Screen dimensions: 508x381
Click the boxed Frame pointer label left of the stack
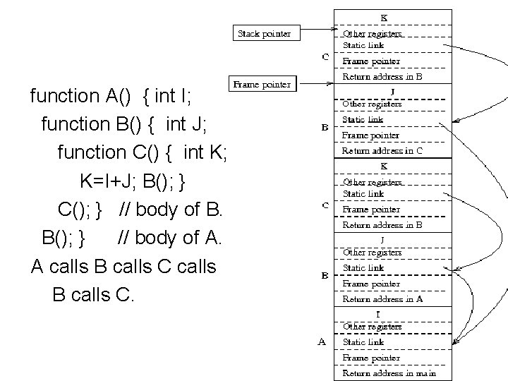(x=262, y=85)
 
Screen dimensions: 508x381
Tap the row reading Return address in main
(x=389, y=373)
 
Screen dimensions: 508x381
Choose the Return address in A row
(x=382, y=298)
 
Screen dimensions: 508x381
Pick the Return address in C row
(x=382, y=150)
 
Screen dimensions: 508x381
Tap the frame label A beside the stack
(x=322, y=342)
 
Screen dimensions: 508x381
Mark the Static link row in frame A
(x=363, y=342)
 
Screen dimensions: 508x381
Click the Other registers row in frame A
(x=372, y=327)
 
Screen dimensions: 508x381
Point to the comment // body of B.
(x=171, y=210)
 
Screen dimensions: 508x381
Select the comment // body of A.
(x=170, y=238)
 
